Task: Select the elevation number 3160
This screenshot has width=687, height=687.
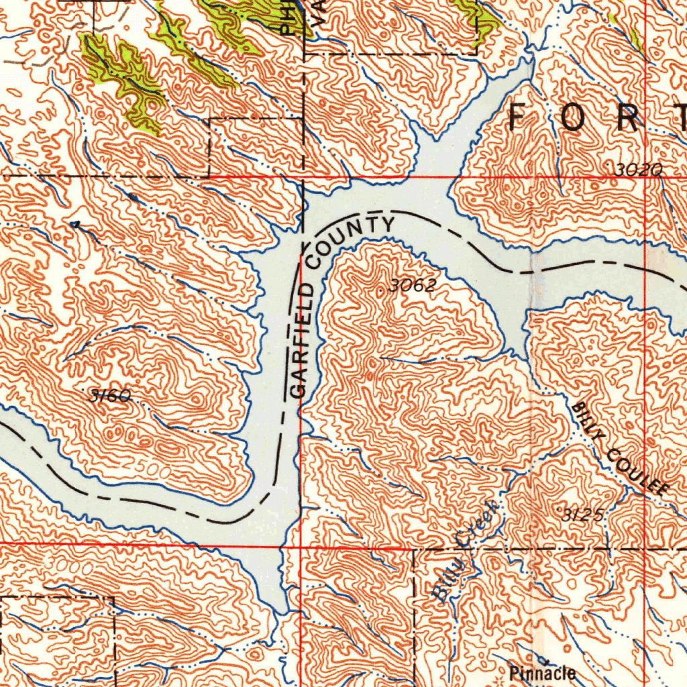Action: (109, 396)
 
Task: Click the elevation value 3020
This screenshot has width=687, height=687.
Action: (638, 171)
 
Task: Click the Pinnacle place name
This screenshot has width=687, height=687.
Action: (541, 672)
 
